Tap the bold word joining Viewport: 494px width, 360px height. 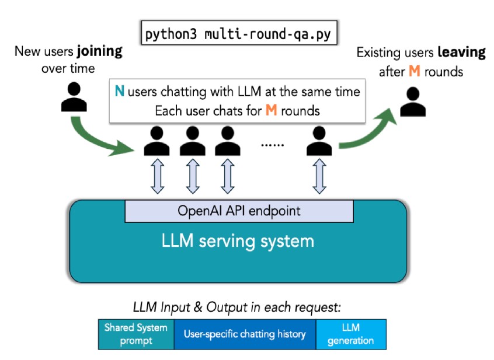[x=100, y=51]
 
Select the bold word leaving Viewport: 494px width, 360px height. [x=461, y=53]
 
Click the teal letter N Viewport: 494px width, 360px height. [x=119, y=92]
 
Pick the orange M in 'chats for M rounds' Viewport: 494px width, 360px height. [x=271, y=110]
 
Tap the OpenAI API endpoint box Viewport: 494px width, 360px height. [x=239, y=211]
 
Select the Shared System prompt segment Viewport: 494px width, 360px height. [x=136, y=334]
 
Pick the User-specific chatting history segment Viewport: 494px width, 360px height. [x=245, y=334]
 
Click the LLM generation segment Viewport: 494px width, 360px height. [x=350, y=334]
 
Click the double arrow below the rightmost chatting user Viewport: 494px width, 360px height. [x=319, y=177]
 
